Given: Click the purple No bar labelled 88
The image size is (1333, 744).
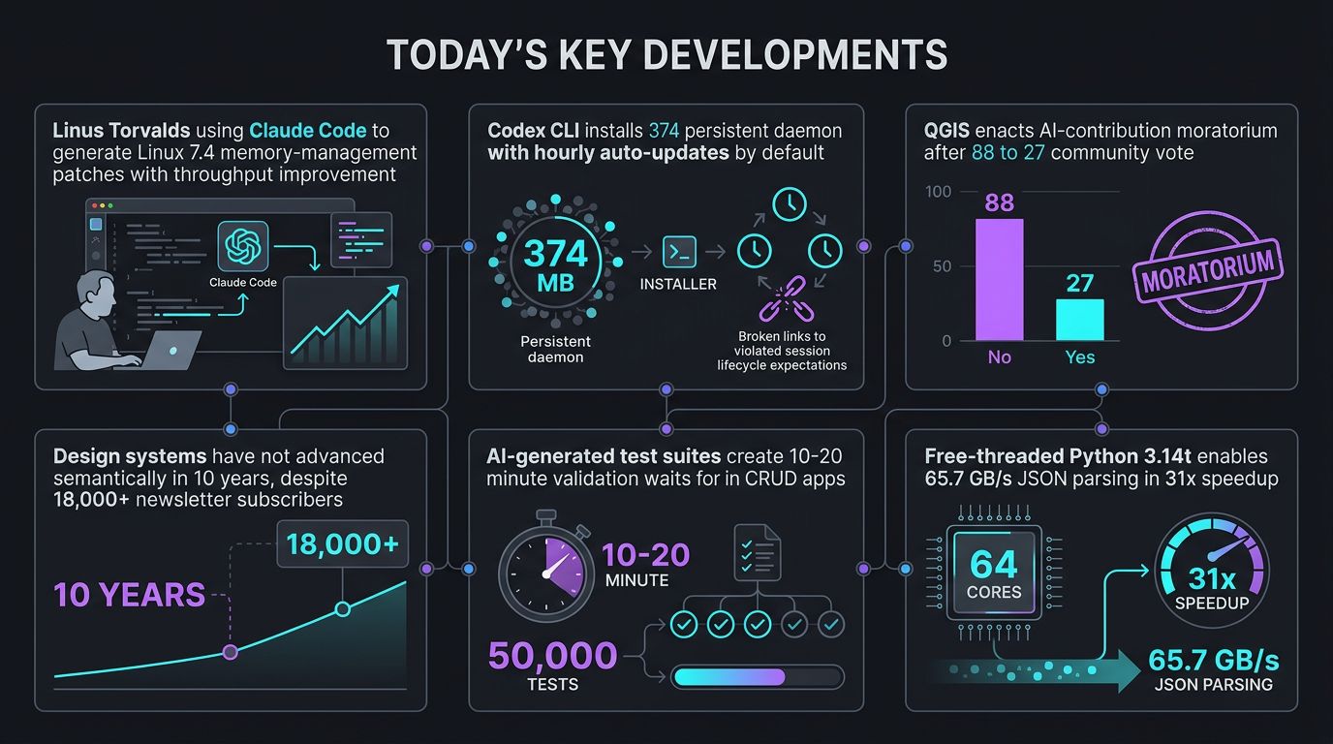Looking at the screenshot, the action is point(999,279).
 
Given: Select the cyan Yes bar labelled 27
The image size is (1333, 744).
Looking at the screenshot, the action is point(1079,320).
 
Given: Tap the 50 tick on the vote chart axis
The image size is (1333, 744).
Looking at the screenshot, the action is point(942,266).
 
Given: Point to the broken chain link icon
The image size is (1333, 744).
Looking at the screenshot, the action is point(786,298).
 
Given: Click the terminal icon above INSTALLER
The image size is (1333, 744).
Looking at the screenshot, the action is point(679,252).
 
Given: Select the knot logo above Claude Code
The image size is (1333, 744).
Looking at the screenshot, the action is point(243,246).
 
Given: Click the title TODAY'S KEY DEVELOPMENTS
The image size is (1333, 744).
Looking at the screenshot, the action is point(666,55).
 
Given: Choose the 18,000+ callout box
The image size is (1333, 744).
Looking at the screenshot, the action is point(343,544).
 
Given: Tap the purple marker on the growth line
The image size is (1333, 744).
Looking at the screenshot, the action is point(231,652).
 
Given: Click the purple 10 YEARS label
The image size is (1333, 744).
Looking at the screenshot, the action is point(129,595).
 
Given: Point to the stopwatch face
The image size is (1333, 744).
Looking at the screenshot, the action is point(546,573).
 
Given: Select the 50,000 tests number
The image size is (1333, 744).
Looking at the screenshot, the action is point(552,655).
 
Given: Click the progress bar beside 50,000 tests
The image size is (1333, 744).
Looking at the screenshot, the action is point(758,677).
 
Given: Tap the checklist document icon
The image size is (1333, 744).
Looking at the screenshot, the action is point(757,552).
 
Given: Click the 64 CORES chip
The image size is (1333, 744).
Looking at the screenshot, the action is point(994,573).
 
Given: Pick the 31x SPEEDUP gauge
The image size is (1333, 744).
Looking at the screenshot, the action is point(1212,571).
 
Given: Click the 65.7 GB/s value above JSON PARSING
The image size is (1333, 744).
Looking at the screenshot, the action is point(1214,660).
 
